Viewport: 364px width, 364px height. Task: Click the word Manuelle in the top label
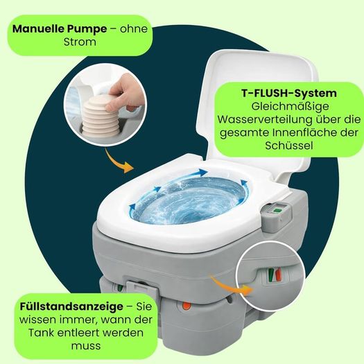[38, 29]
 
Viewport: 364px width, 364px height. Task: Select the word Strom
[80, 42]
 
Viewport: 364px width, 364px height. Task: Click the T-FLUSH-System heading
[289, 94]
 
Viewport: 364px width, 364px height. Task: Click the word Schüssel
[289, 146]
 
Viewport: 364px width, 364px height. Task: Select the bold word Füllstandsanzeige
[71, 306]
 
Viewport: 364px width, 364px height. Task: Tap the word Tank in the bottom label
[40, 333]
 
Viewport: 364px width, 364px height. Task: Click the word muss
[86, 346]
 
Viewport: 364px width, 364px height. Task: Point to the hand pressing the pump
[123, 93]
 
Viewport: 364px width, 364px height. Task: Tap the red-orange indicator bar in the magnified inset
[278, 275]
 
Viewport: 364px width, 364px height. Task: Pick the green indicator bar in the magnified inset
[271, 275]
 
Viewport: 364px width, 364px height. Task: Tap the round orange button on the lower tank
[187, 306]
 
